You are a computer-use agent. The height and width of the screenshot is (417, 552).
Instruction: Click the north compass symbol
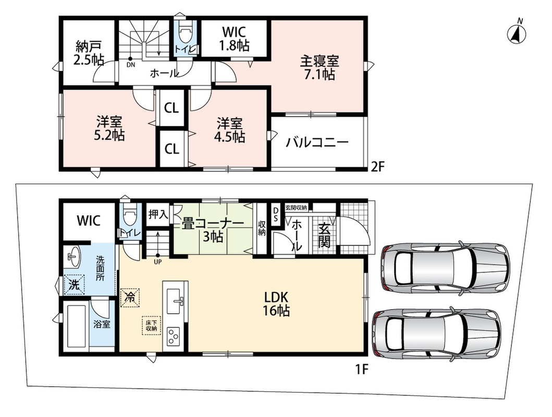tap(517, 34)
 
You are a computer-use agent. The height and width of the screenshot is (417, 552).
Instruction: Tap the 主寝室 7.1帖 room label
tap(320, 68)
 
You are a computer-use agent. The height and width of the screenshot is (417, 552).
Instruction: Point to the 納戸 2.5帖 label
tap(89, 53)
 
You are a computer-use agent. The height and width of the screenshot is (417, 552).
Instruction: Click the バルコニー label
tap(317, 142)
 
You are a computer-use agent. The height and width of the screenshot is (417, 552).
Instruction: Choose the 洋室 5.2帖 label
tap(109, 129)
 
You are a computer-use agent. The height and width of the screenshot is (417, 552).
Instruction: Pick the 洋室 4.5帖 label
tap(229, 130)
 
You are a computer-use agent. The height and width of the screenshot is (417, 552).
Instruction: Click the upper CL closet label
tap(171, 108)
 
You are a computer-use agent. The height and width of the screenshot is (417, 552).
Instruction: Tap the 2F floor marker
tap(377, 166)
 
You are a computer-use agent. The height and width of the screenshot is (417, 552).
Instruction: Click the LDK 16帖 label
tap(277, 304)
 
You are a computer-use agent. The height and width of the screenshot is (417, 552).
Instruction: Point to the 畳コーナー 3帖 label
tap(213, 230)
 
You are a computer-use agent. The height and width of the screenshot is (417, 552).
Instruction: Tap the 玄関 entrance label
tap(324, 235)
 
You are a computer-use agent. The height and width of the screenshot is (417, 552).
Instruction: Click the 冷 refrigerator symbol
tap(130, 298)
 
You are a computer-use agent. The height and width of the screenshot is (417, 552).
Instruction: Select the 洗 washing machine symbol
tap(74, 284)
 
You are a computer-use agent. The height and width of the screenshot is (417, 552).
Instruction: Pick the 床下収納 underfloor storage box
tap(151, 325)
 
